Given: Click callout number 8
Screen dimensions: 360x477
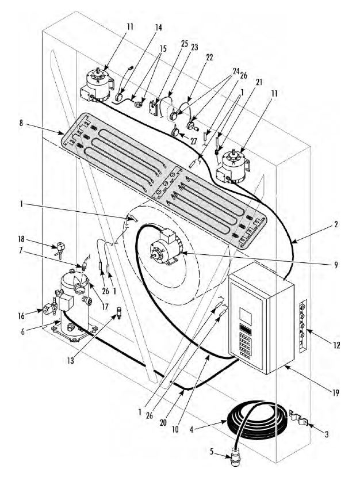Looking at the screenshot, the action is (x=21, y=123).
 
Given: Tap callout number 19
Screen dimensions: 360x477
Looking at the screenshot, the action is (x=335, y=393).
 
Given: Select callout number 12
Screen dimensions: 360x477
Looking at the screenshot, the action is (x=336, y=345).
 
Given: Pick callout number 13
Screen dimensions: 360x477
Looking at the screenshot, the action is (x=71, y=361).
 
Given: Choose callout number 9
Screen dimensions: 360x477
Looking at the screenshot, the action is (x=336, y=265).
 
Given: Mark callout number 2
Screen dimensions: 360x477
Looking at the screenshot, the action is (x=336, y=224).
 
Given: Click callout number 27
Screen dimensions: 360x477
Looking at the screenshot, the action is (x=193, y=142).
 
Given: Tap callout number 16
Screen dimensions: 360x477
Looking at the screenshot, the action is (x=21, y=316).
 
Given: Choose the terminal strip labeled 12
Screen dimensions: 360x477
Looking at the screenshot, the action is (x=303, y=326).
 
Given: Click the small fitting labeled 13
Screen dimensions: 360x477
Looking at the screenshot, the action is (x=118, y=313).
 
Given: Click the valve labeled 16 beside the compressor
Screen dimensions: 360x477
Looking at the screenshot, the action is (x=50, y=308).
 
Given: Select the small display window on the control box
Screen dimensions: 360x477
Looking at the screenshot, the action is (x=246, y=316).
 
